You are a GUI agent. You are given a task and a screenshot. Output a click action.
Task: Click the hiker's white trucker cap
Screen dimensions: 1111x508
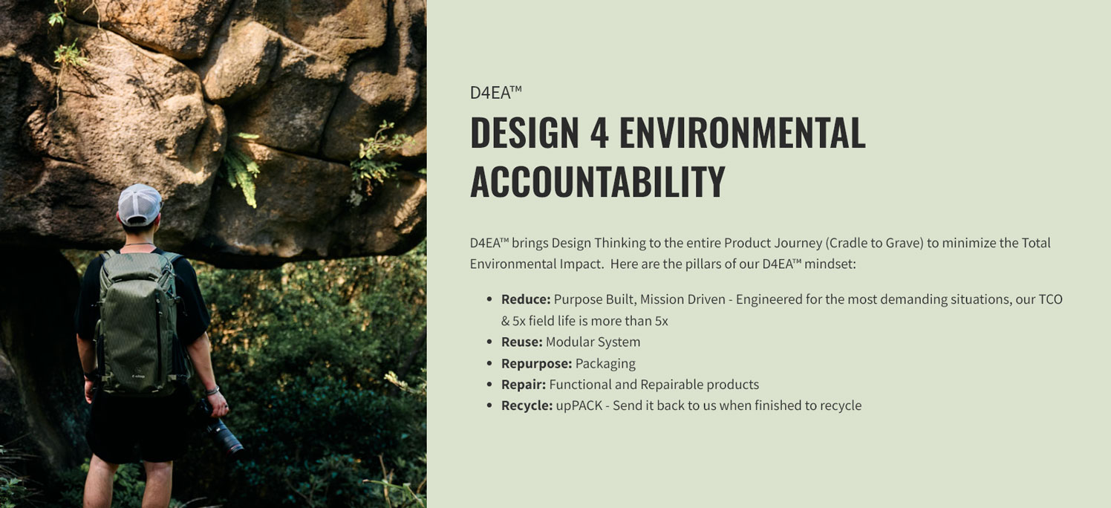coord(140,204)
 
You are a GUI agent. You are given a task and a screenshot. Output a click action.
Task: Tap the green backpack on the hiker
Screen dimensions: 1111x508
coord(140,322)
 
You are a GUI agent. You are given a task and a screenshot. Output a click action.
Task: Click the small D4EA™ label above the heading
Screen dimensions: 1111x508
coord(495,93)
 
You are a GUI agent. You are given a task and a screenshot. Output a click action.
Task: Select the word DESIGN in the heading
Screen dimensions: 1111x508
coord(524,132)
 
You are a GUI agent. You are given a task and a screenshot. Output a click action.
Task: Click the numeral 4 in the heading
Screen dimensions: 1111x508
coord(599,132)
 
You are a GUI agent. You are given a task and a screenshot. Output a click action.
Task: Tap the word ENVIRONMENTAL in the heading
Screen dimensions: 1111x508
coord(743,132)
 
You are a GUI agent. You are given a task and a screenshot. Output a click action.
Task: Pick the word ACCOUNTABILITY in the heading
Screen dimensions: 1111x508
coord(598,181)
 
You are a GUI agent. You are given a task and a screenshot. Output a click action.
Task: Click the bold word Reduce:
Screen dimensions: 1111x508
coord(526,299)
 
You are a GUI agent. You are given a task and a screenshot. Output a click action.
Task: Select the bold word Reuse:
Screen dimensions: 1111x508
coord(522,342)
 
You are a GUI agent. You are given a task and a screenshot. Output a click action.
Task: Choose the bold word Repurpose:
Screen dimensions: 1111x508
coord(537,364)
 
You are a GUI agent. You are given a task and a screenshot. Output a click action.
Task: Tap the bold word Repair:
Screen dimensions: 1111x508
coord(524,385)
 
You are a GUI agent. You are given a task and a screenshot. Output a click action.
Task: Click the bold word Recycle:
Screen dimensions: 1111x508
coord(527,406)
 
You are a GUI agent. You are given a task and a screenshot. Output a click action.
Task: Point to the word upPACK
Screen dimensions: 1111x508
coord(579,406)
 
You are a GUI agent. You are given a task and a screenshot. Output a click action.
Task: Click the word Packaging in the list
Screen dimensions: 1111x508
coord(605,364)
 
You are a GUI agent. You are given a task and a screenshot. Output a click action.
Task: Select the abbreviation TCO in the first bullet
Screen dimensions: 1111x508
coord(1051,299)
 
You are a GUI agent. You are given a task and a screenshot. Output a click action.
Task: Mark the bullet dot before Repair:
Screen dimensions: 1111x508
coord(489,385)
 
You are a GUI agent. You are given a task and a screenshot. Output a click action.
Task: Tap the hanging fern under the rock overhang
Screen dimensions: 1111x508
coord(242,169)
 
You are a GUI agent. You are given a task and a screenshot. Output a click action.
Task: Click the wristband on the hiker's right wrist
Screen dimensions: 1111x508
coord(213,391)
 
